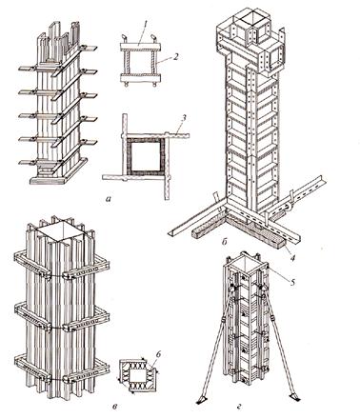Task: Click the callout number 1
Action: (144, 23)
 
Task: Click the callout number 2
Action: (175, 56)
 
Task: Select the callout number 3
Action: (185, 120)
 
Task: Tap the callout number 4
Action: (292, 258)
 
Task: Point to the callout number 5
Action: (292, 280)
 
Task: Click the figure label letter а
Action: (109, 199)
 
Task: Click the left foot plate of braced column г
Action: (201, 401)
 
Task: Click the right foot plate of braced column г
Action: (294, 396)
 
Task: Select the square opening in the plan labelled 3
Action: (146, 155)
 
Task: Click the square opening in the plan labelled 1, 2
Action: (140, 62)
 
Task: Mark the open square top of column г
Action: (245, 262)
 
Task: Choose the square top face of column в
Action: (61, 230)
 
